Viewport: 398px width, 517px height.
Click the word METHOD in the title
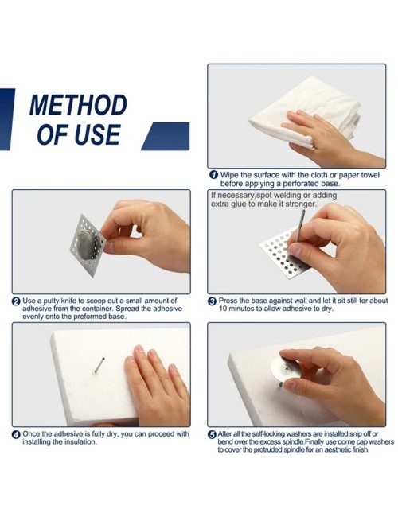(x=78, y=105)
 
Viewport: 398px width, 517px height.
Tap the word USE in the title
(x=97, y=134)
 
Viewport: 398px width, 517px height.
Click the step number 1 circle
(x=214, y=175)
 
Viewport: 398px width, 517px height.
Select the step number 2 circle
(x=16, y=301)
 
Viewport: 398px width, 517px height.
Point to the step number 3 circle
(x=212, y=301)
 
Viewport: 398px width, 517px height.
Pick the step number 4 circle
(x=16, y=434)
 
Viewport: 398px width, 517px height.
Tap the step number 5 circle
(x=212, y=434)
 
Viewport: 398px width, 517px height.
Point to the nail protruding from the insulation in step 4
(x=99, y=365)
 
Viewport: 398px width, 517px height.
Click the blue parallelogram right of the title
(x=166, y=136)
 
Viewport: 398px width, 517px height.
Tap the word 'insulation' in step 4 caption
(x=80, y=442)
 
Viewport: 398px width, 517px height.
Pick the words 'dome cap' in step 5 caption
(x=355, y=441)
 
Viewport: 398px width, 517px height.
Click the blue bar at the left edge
(x=6, y=119)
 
